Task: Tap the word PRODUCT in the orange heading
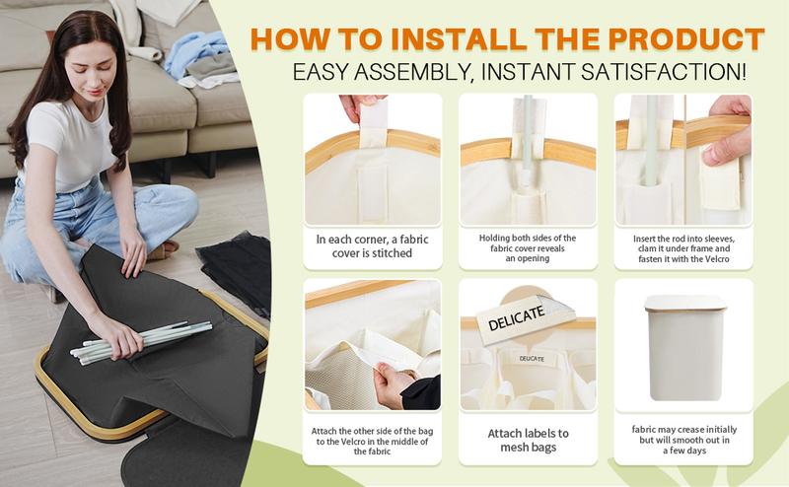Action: tap(686, 39)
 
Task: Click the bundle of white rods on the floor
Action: tap(141, 341)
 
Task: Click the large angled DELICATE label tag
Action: tap(526, 318)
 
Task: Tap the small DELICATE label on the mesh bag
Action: tap(532, 359)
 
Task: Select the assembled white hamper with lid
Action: tap(685, 347)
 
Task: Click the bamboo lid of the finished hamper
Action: tap(685, 303)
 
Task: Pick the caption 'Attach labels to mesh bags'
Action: tap(529, 441)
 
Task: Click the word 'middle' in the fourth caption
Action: tap(404, 442)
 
